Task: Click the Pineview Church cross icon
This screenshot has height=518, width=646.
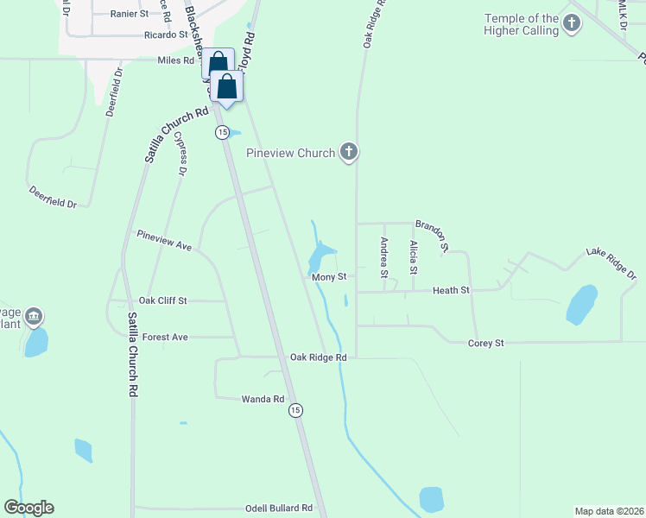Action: click(x=349, y=153)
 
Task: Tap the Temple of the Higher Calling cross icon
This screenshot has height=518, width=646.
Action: click(x=571, y=24)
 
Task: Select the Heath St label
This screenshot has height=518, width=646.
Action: click(x=451, y=291)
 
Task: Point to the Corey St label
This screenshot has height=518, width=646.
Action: click(x=485, y=343)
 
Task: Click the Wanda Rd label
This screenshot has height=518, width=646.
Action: click(x=263, y=399)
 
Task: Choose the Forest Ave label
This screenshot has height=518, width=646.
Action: click(x=165, y=337)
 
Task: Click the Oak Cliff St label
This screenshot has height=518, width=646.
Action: click(x=169, y=300)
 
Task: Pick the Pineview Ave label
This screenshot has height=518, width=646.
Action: click(x=164, y=240)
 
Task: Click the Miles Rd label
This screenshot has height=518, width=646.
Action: click(x=176, y=60)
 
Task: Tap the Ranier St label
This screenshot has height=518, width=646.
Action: click(x=130, y=15)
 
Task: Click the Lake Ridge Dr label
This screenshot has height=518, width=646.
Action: click(x=611, y=263)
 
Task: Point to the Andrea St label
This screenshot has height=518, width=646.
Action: click(x=384, y=257)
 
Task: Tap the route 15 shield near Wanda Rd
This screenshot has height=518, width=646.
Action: click(x=296, y=410)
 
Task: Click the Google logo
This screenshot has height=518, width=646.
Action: click(x=28, y=508)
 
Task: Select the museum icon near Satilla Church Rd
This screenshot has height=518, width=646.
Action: click(x=34, y=317)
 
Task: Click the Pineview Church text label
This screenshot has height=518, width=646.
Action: click(x=290, y=154)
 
